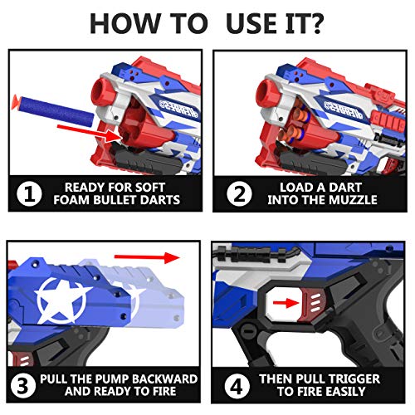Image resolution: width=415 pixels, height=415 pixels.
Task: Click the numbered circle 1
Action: point(29,194)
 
